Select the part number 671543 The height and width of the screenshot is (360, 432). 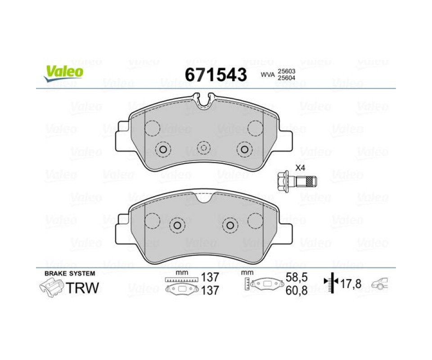tap(216, 75)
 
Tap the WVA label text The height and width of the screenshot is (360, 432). tap(268, 75)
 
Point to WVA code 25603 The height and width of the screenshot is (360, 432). tap(287, 71)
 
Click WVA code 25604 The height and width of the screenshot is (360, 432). tap(287, 78)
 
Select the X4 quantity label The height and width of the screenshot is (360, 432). tap(300, 167)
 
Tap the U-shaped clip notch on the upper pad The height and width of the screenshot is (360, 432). tap(204, 100)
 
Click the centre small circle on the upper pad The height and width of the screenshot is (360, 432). tap(203, 148)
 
